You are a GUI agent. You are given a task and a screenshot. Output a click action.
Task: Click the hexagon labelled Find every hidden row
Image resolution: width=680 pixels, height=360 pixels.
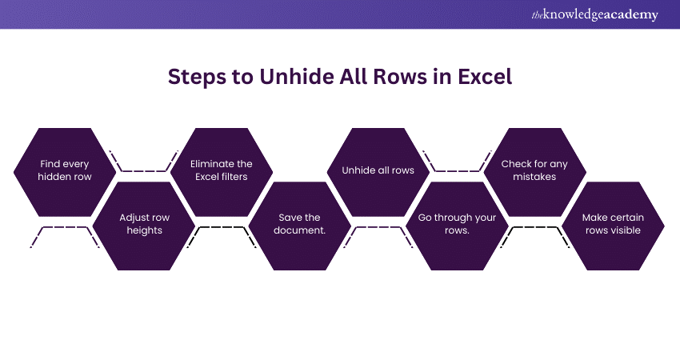pos(65,170)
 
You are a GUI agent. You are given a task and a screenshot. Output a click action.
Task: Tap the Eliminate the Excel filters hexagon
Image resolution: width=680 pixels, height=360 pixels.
pos(222,170)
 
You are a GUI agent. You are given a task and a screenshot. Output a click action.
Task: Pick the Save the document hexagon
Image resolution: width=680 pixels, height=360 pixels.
pos(300,225)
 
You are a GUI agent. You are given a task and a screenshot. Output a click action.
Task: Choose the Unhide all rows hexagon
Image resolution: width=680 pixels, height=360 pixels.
pos(378,170)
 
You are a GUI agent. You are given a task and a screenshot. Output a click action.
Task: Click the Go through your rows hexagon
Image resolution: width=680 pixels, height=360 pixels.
pos(457,225)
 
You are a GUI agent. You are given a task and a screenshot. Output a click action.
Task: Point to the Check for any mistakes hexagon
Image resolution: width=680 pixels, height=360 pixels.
pos(534,170)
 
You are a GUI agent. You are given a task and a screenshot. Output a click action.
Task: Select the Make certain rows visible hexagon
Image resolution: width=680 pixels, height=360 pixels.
pos(614,225)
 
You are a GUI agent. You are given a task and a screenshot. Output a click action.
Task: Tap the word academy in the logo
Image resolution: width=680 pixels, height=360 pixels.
pos(632,15)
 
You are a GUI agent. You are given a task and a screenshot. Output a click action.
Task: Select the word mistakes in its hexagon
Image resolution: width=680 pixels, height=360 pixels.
pos(534,177)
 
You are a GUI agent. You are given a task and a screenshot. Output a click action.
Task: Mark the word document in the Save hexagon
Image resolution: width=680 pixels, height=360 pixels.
pos(300,231)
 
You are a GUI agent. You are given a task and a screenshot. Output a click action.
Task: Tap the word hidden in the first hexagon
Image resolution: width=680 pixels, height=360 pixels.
pos(56,177)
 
